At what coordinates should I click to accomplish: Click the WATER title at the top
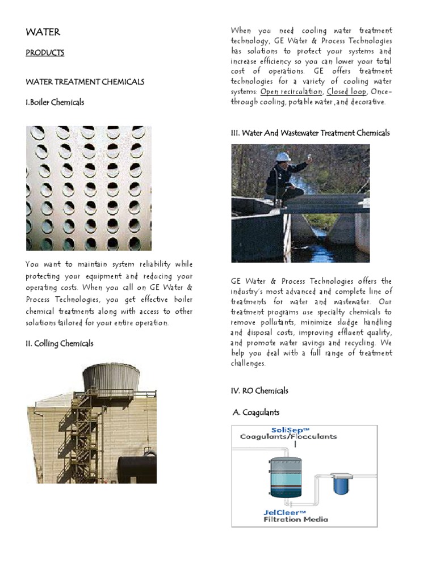[x=43, y=32]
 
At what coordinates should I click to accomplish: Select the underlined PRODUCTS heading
[x=45, y=53]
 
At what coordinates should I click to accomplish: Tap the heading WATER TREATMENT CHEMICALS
[x=85, y=82]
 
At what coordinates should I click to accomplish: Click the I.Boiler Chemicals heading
[x=55, y=102]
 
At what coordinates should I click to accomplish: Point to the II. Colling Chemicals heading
[x=60, y=343]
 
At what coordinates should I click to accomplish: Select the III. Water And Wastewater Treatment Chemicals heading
[x=310, y=133]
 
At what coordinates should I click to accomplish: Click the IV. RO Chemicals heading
[x=259, y=390]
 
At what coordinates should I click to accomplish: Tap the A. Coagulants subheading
[x=256, y=412]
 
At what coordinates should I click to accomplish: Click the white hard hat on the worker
[x=283, y=156]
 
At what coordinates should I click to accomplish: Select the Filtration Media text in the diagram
[x=295, y=519]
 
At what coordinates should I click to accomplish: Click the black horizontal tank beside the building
[x=137, y=469]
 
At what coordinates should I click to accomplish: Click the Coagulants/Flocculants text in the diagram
[x=288, y=437]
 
